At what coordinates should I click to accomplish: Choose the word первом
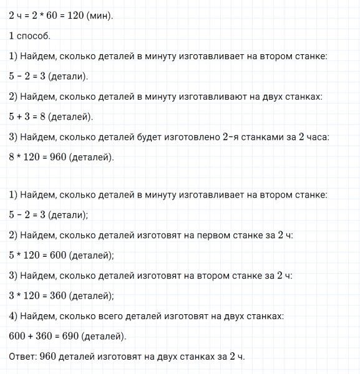pyautogui.click(x=215, y=235)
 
